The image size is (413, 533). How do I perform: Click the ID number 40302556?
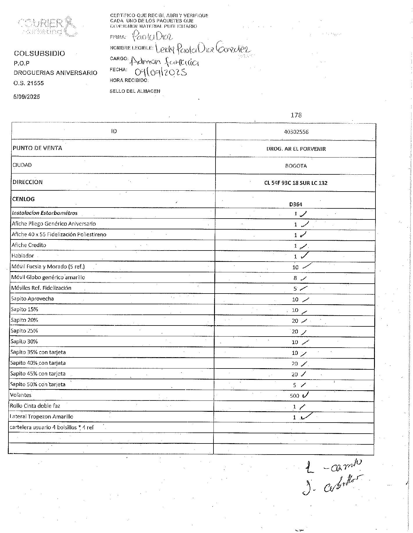pyautogui.click(x=296, y=132)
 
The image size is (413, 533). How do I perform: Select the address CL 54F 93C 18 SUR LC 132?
pyautogui.click(x=295, y=183)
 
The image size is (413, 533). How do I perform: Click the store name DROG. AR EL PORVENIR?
pyautogui.click(x=296, y=149)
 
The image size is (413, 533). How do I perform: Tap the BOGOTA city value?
pyautogui.click(x=296, y=166)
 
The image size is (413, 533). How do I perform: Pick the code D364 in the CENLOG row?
pyautogui.click(x=295, y=204)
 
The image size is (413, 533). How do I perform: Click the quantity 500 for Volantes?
pyautogui.click(x=294, y=396)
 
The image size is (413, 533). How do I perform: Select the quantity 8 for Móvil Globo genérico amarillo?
pyautogui.click(x=295, y=278)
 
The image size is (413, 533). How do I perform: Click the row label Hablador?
pyautogui.click(x=23, y=256)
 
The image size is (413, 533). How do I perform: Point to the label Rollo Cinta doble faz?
pyautogui.click(x=35, y=406)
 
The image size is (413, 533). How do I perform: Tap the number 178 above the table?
pyautogui.click(x=296, y=115)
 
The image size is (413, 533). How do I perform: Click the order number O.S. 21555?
pyautogui.click(x=29, y=83)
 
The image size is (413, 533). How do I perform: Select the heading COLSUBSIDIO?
pyautogui.click(x=40, y=53)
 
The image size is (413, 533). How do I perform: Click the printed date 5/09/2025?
pyautogui.click(x=26, y=97)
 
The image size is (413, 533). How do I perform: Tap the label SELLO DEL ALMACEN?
pyautogui.click(x=135, y=91)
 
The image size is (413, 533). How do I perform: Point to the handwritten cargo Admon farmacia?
pyautogui.click(x=164, y=61)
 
